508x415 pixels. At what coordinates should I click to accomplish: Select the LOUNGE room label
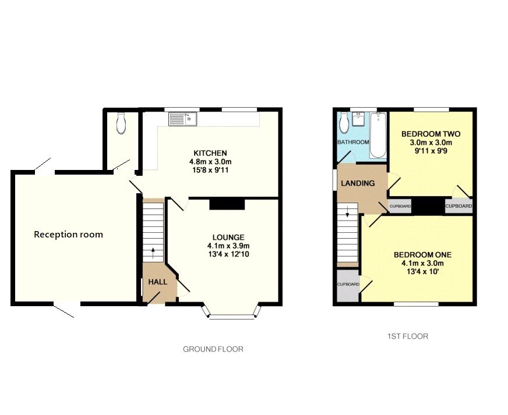pos(228,237)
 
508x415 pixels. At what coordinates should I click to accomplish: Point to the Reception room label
pos(68,235)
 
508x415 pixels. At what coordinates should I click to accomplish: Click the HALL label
pos(157,282)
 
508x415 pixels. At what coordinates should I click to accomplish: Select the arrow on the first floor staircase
pos(348,213)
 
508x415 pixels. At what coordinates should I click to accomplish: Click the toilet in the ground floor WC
pos(121,123)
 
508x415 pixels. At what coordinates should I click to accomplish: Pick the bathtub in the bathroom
pos(378,135)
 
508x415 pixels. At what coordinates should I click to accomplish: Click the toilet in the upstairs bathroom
pos(344,122)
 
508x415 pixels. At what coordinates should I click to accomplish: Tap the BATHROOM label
pos(352,143)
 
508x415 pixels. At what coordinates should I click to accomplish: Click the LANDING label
pos(358,183)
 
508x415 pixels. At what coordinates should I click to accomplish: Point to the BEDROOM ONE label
pos(422,255)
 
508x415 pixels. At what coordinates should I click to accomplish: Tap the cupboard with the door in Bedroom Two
pos(458,206)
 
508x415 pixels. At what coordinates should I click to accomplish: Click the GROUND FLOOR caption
pos(213,349)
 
